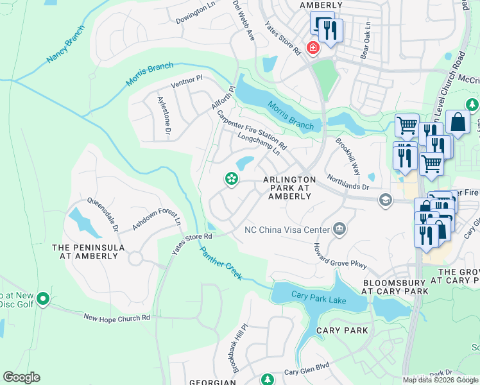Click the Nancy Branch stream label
65,45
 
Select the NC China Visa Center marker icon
340,229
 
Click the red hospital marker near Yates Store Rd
313,47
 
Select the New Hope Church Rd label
117,318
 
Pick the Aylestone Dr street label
164,116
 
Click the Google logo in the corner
21,377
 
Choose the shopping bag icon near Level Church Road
458,121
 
